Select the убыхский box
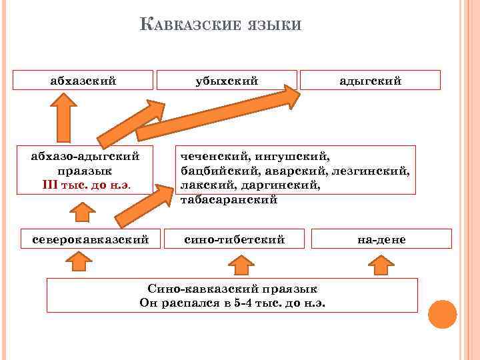tap(227, 81)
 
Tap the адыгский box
tap(370, 81)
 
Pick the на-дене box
tap(381, 239)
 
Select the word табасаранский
tap(228, 199)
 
